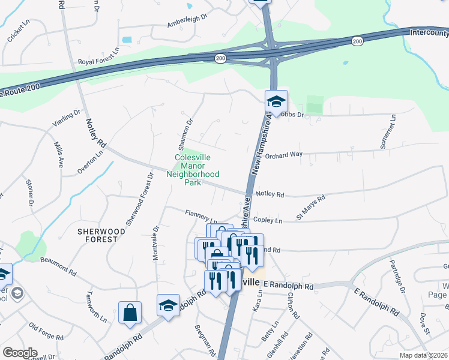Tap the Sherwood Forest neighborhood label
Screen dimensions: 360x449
coord(101,235)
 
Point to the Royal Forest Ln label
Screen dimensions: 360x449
coord(99,62)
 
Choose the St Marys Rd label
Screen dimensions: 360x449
coord(310,206)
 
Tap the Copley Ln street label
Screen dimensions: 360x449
coord(268,220)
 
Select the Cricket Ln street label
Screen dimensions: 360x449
coord(19,33)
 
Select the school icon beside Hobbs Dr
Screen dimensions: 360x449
coord(276,101)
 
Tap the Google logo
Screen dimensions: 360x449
coord(19,353)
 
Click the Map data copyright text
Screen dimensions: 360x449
coord(423,355)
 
